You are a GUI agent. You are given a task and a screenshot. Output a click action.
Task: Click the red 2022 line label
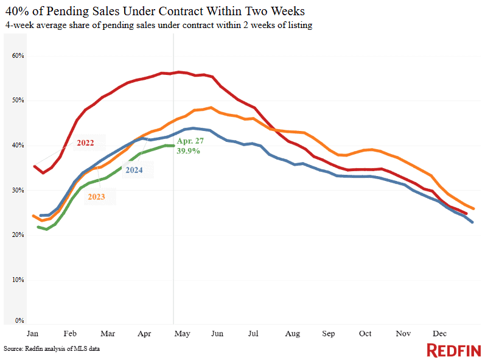click(86, 143)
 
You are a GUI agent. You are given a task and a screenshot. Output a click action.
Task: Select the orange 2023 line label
click(96, 197)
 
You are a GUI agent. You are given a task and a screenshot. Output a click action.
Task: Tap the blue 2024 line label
click(134, 170)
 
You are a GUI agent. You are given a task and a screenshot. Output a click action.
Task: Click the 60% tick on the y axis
click(18, 55)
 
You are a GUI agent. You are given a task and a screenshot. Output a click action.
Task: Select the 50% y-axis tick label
click(18, 100)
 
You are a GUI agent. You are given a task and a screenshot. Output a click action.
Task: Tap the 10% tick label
click(18, 280)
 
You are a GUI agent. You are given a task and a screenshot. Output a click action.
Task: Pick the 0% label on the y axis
click(20, 320)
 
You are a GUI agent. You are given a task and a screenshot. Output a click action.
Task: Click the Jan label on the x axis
click(32, 334)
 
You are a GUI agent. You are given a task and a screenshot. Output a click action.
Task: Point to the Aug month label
click(293, 334)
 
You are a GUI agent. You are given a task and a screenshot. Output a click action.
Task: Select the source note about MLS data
click(52, 348)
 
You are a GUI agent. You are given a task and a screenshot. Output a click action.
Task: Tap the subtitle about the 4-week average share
click(158, 25)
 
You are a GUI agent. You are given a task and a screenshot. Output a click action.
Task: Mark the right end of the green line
click(174, 146)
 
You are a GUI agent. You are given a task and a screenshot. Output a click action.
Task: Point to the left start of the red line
click(34, 166)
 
